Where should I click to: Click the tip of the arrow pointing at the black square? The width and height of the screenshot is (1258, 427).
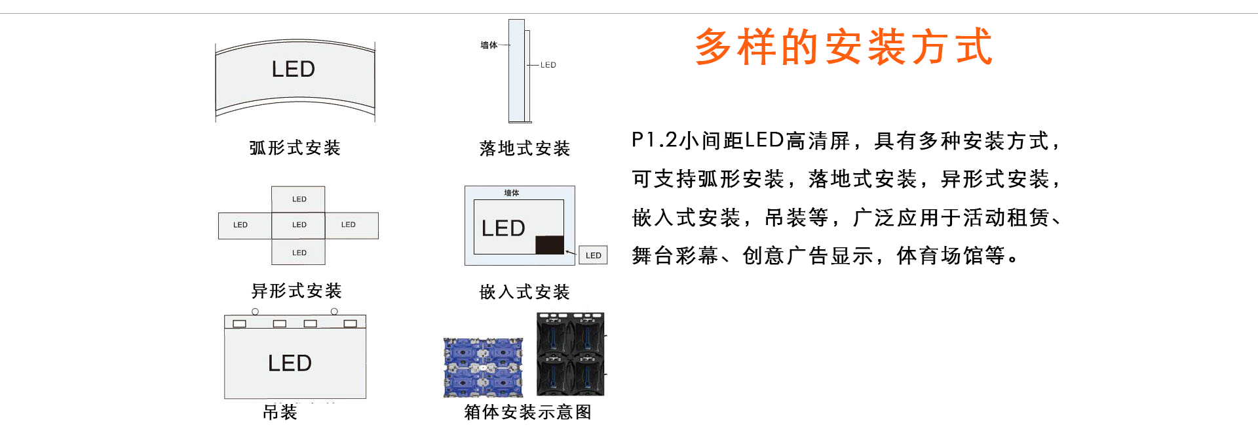[565, 251]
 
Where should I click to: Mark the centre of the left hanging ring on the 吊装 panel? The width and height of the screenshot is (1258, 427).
[256, 312]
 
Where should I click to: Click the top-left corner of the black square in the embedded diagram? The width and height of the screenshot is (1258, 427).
[536, 236]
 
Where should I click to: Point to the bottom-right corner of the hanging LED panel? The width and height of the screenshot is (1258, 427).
[366, 398]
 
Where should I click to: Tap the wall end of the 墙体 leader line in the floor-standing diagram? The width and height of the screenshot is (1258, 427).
[509, 45]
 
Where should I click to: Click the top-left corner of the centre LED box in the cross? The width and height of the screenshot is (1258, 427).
[272, 213]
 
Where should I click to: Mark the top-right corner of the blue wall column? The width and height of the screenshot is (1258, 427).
[524, 20]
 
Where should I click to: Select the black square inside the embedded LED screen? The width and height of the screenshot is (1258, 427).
[550, 245]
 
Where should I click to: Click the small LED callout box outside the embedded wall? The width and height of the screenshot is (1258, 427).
[593, 255]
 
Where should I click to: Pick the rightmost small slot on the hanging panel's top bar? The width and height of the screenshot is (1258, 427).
[350, 323]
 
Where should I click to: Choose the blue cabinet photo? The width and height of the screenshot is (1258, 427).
[483, 367]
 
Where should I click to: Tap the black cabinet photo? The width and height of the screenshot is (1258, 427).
[571, 354]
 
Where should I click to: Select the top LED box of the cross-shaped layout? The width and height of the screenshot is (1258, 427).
[299, 199]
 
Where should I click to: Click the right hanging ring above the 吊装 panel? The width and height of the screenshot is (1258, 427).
[334, 312]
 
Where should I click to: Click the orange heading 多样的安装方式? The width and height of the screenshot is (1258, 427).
[844, 47]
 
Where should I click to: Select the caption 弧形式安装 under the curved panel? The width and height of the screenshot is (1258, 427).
[295, 148]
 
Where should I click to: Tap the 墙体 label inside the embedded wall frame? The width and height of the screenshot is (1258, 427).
[512, 193]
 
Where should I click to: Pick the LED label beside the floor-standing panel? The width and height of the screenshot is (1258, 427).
[548, 65]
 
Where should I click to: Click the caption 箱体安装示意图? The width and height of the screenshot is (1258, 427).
[528, 412]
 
